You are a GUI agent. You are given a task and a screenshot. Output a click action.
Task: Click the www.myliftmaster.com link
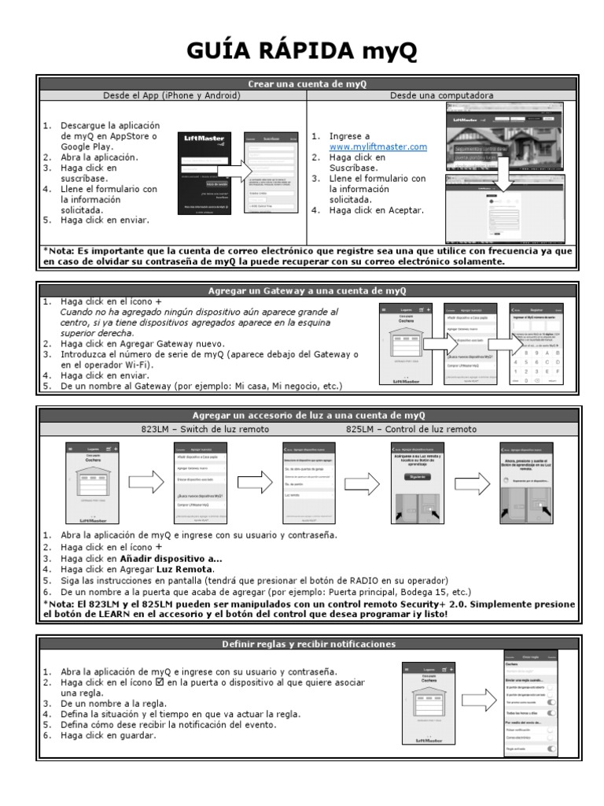click(x=377, y=146)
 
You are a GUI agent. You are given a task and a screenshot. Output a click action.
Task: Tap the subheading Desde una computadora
click(x=442, y=95)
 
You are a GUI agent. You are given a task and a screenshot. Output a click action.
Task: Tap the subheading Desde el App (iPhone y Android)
click(x=171, y=95)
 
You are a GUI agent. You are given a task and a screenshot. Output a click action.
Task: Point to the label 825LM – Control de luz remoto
click(x=411, y=429)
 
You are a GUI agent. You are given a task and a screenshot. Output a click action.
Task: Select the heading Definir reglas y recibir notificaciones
click(x=308, y=644)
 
